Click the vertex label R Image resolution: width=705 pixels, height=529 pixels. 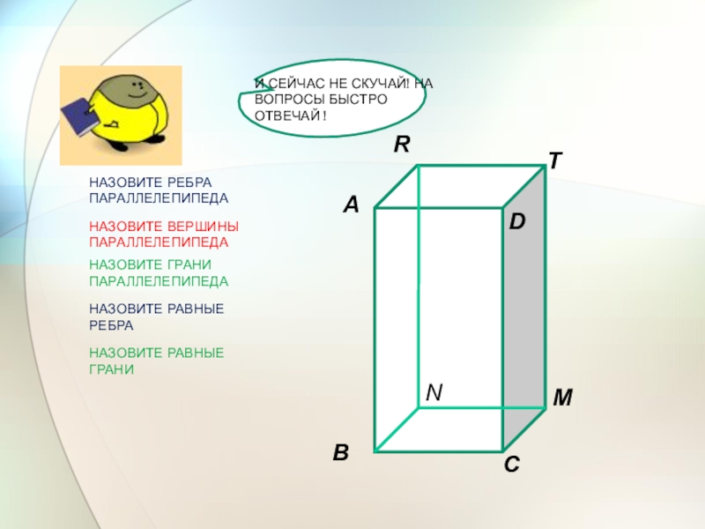(x=402, y=145)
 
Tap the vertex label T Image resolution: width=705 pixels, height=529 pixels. (x=555, y=160)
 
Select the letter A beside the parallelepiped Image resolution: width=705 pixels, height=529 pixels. (x=352, y=205)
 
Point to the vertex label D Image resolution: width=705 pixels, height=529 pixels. (x=517, y=222)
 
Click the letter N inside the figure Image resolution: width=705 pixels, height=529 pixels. (x=434, y=392)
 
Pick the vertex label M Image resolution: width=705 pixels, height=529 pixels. (x=562, y=398)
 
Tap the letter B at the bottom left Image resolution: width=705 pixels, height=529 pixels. (x=341, y=452)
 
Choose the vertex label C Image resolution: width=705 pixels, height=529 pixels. (x=512, y=465)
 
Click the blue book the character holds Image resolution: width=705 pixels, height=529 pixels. (x=78, y=116)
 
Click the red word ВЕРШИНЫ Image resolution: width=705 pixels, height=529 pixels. (x=203, y=226)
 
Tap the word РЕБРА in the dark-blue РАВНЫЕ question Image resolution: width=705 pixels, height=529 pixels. (x=111, y=325)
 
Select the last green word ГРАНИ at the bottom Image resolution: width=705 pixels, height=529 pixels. (x=112, y=369)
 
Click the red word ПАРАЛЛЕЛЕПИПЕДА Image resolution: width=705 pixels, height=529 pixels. (x=159, y=242)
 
